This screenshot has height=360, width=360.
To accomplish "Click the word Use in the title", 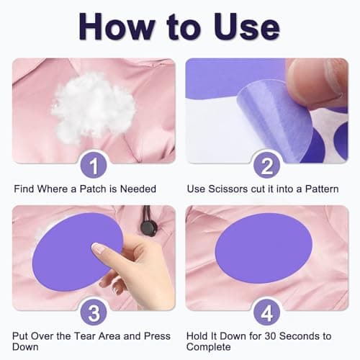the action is coord(247,27).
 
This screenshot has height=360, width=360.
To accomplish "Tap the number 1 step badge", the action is coord(94,166).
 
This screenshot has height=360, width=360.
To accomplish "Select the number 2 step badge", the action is coord(267,166).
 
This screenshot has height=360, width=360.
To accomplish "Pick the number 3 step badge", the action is coord(94,312).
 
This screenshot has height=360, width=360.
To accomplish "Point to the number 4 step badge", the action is coord(267,312).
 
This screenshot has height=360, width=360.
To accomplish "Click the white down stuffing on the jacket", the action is coord(92,107).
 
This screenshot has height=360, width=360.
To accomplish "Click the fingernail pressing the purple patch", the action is coord(99,248).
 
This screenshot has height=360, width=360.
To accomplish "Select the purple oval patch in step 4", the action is coord(264,248).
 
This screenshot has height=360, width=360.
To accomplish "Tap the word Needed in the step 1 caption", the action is coord(138,189).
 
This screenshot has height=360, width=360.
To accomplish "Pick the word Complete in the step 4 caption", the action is coord(209,347).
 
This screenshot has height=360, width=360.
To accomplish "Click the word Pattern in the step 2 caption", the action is coord(322,189).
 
